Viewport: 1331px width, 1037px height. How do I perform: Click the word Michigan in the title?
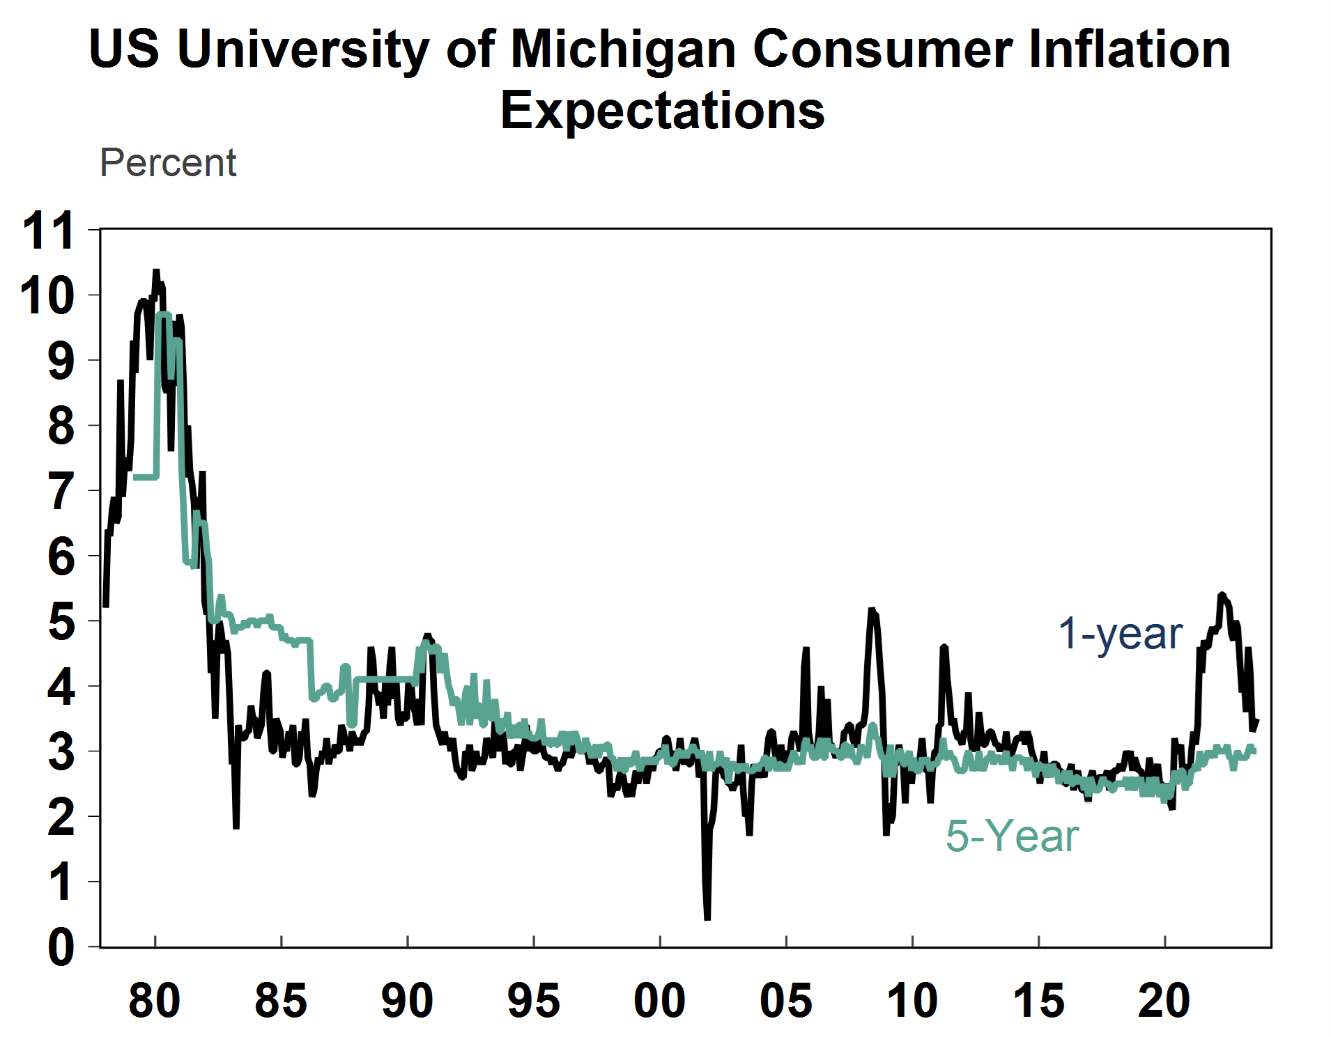[x=622, y=50]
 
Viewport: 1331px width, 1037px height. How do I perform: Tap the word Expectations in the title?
[x=662, y=111]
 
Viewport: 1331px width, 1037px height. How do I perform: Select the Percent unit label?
[x=168, y=163]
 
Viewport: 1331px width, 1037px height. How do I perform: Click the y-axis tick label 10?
[x=47, y=295]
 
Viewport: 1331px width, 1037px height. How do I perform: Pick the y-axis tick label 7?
[x=61, y=491]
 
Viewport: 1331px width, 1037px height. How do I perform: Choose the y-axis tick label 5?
[x=61, y=621]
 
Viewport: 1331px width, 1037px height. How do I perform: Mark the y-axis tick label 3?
[x=61, y=751]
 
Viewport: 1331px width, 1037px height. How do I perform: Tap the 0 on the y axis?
[x=61, y=947]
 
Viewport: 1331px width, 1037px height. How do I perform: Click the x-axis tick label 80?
[x=155, y=1001]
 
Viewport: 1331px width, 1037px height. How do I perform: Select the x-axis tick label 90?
[x=407, y=1001]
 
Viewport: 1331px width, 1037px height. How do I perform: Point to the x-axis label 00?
[x=659, y=1001]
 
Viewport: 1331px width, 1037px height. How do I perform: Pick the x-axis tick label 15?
[x=1038, y=1001]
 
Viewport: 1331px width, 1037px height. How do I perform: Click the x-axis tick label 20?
[x=1164, y=1001]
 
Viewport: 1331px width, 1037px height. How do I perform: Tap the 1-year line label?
[x=1120, y=634]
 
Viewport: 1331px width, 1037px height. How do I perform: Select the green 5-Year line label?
[x=1012, y=836]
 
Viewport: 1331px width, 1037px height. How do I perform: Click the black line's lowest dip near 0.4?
[x=707, y=918]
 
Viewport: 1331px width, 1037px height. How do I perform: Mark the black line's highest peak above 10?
[x=156, y=272]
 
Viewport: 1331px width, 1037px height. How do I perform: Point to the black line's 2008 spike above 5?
[x=872, y=611]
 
